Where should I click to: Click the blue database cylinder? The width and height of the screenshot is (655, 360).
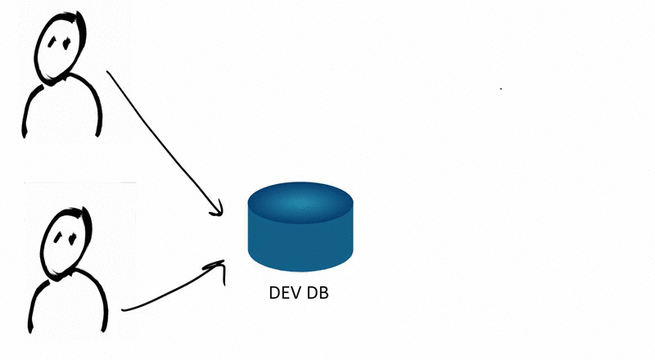(x=300, y=227)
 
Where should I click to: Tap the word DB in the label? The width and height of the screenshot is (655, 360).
(x=318, y=293)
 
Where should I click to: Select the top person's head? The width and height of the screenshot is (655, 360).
(x=60, y=47)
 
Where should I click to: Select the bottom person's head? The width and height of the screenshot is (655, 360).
(x=66, y=243)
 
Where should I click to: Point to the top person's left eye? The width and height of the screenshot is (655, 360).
(x=52, y=42)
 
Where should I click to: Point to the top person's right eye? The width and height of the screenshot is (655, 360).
(x=66, y=43)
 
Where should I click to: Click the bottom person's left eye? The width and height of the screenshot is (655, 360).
(x=57, y=237)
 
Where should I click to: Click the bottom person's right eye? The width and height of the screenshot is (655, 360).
(x=72, y=239)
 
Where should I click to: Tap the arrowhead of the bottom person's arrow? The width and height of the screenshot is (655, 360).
(x=218, y=268)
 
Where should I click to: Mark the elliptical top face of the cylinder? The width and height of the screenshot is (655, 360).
(x=300, y=203)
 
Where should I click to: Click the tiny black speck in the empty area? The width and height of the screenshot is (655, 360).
(x=501, y=88)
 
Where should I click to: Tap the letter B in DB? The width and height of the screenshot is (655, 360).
(x=323, y=293)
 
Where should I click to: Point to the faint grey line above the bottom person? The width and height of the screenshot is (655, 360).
(x=80, y=182)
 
